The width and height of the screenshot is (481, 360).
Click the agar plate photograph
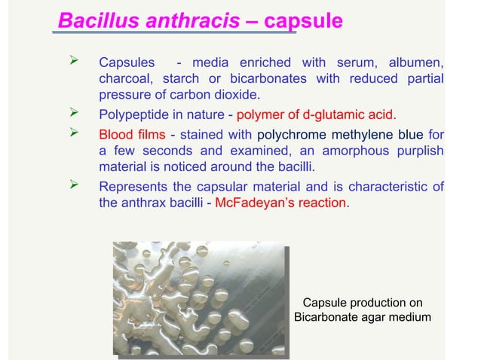coord(201,297)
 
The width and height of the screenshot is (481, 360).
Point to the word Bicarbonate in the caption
coord(326,317)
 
